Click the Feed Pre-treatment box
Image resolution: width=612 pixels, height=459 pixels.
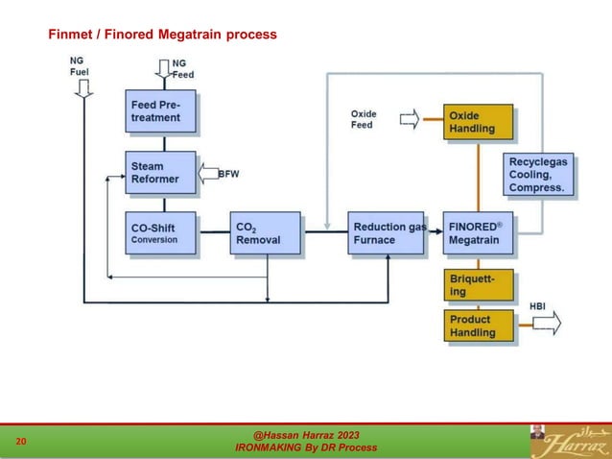coord(161,110)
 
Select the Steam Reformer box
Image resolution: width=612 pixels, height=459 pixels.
coord(160,172)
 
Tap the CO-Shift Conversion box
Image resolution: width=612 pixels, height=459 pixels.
coord(161,233)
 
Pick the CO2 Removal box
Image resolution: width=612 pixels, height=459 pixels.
coord(265,233)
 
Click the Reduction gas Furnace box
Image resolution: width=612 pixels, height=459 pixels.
coord(386,233)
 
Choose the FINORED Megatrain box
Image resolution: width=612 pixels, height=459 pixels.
coord(478,233)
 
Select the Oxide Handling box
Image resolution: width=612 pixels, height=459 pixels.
coord(478,122)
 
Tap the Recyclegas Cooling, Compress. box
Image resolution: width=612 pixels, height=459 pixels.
coord(542,176)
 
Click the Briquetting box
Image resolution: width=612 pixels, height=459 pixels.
coord(478,284)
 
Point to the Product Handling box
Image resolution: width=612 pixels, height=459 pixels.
coord(478,326)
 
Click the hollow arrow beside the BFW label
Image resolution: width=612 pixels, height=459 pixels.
coord(208,174)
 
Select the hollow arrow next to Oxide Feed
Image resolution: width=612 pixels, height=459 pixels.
coord(409,119)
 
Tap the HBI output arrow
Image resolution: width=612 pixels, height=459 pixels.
coord(547,325)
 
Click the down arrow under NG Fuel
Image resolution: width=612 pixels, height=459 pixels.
coord(83,87)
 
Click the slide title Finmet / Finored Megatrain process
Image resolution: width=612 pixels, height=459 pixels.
coord(163,35)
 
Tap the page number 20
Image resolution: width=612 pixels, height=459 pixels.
coord(21,442)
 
